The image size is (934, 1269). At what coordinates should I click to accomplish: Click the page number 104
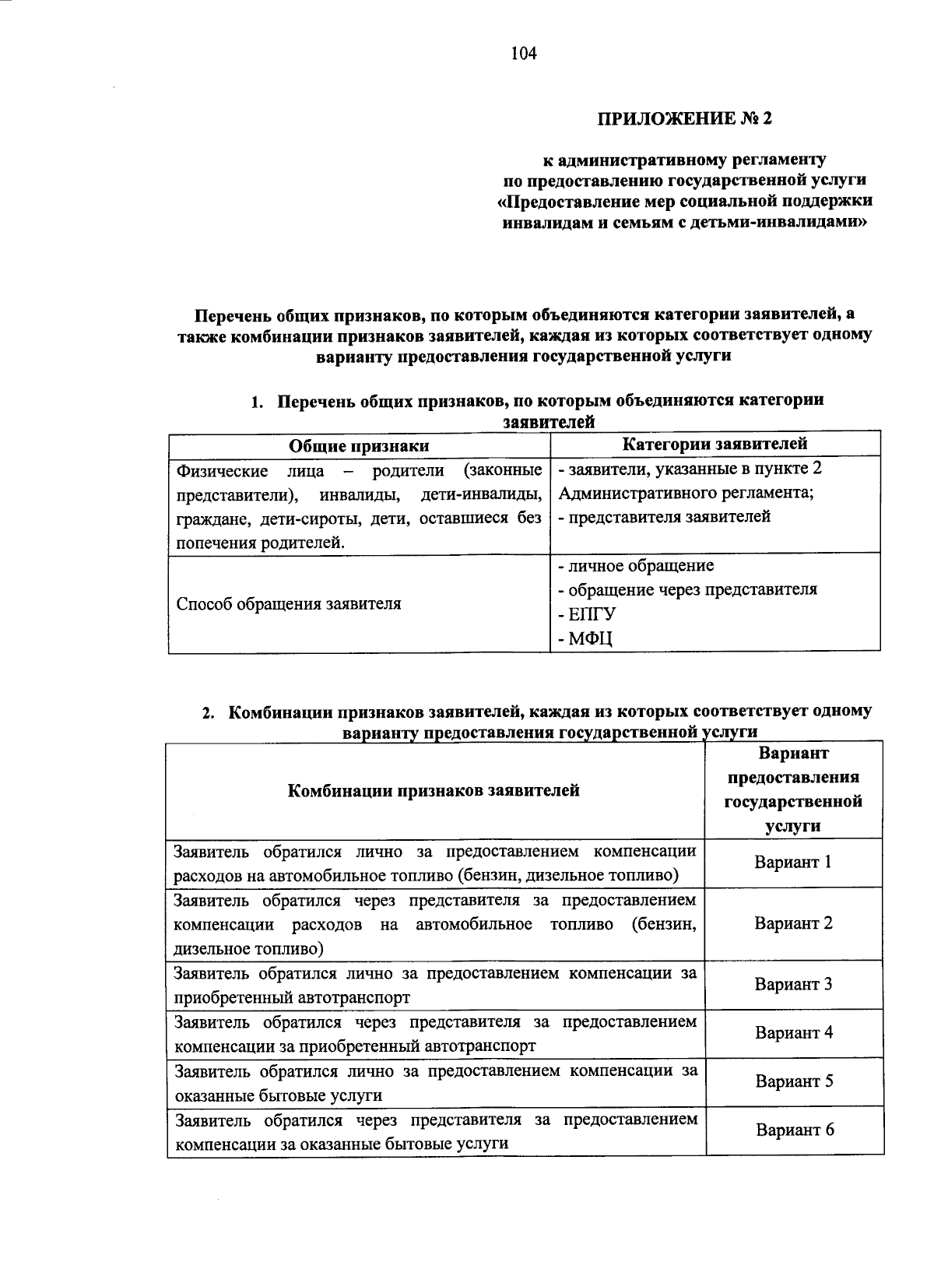point(524,53)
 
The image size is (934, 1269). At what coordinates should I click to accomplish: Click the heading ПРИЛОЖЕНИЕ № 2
point(686,118)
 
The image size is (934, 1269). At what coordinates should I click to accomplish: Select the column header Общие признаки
point(359,446)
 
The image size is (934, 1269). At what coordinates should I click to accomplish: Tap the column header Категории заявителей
point(715,444)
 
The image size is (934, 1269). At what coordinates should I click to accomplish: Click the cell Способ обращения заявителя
point(289,604)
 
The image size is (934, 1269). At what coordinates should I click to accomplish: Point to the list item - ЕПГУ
point(587,614)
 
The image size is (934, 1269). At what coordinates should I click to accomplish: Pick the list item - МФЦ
point(586,639)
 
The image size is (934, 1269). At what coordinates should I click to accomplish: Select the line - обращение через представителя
point(687,589)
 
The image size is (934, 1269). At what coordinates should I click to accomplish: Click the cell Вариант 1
point(793,863)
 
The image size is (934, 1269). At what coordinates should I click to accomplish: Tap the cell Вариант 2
point(793,923)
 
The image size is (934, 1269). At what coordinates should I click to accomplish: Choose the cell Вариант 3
point(793,984)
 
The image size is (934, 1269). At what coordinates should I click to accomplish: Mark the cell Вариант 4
point(794,1033)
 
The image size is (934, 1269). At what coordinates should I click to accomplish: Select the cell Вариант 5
point(794,1082)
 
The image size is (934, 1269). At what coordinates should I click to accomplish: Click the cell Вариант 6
point(795,1130)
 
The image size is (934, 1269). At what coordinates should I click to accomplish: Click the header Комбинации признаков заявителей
point(434,791)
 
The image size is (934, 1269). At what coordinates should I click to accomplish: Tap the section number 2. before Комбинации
point(208,713)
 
